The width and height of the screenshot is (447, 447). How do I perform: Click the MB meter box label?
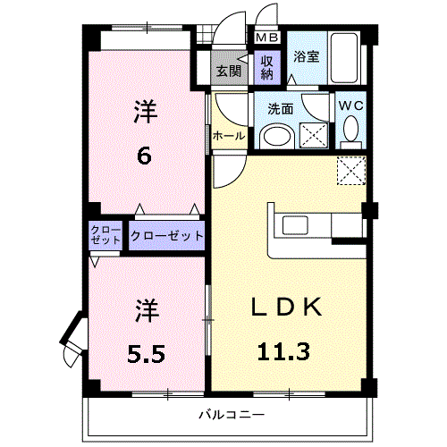point(267,38)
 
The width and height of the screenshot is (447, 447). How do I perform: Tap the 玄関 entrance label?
point(229,71)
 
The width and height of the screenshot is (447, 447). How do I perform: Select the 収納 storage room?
point(267,68)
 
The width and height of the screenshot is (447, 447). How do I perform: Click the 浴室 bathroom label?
point(307,56)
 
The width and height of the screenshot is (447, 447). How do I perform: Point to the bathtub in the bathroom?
point(344,58)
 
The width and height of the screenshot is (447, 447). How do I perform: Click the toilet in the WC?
point(350,132)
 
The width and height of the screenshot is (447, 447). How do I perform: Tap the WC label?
point(351,105)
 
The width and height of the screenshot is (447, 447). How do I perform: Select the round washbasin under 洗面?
point(277,138)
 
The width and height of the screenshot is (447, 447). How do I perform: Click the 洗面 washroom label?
point(280,109)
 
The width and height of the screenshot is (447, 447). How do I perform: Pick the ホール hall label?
point(229,136)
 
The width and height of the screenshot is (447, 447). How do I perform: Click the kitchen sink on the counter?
point(295,225)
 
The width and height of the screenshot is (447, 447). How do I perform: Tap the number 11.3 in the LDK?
point(283,352)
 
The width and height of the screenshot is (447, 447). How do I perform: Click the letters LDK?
point(287,307)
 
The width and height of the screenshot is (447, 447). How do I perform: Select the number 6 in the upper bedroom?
point(144,156)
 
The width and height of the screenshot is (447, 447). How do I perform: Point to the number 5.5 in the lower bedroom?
point(146,354)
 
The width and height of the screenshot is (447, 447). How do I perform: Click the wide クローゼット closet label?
point(167,236)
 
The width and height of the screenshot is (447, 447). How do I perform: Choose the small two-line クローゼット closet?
point(105,235)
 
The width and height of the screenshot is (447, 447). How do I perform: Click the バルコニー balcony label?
point(232,415)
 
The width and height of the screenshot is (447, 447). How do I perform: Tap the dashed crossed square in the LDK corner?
point(351,171)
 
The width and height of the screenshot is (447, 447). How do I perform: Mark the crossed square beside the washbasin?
point(314,135)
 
